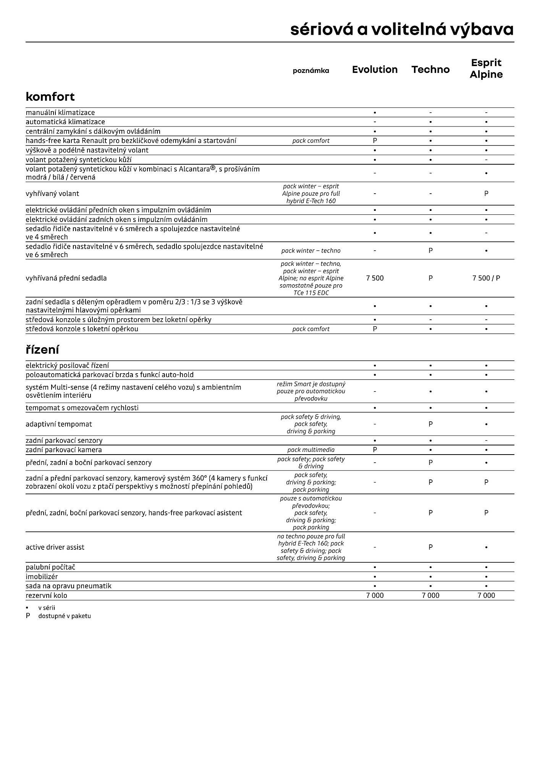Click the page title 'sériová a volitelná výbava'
pyautogui.click(x=402, y=29)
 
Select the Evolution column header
pyautogui.click(x=375, y=70)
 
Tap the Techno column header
pyautogui.click(x=430, y=70)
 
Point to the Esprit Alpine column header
pyautogui.click(x=486, y=68)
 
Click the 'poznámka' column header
pyautogui.click(x=311, y=71)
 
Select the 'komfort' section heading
pyautogui.click(x=50, y=97)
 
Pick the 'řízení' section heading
pyautogui.click(x=42, y=350)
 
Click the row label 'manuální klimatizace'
pyautogui.click(x=60, y=113)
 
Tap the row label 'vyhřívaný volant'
pyautogui.click(x=52, y=194)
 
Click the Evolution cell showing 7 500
pyautogui.click(x=375, y=278)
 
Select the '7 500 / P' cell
pyautogui.click(x=486, y=278)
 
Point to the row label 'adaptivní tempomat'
pyautogui.click(x=59, y=424)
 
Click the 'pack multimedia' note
pyautogui.click(x=311, y=450)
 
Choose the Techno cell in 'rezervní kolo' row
pyautogui.click(x=430, y=596)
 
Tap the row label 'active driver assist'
pyautogui.click(x=55, y=547)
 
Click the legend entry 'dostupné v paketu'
pyautogui.click(x=65, y=616)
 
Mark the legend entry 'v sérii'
pyautogui.click(x=47, y=608)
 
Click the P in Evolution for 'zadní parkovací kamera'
pyautogui.click(x=375, y=450)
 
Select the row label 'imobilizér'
pyautogui.click(x=42, y=577)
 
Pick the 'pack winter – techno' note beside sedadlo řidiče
pyautogui.click(x=311, y=251)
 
